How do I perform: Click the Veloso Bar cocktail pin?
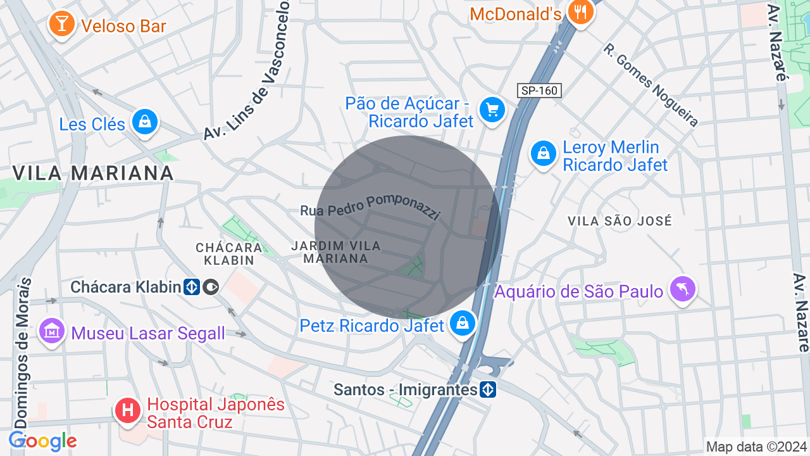click(61, 24)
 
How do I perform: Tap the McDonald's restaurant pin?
click(580, 11)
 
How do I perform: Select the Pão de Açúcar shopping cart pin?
click(492, 110)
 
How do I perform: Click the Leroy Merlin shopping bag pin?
click(543, 153)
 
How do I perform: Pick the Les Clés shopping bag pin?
click(145, 121)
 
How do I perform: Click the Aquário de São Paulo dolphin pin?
click(683, 289)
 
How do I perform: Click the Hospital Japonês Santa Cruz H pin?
click(128, 410)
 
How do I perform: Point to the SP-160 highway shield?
click(539, 91)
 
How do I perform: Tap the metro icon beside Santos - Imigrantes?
click(487, 389)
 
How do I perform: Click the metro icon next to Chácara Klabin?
click(192, 287)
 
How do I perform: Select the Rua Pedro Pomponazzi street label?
click(370, 206)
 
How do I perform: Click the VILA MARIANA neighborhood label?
click(93, 172)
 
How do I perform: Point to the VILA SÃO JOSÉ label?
click(620, 221)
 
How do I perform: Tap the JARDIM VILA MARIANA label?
click(336, 252)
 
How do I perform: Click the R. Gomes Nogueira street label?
click(651, 84)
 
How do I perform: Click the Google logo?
click(42, 441)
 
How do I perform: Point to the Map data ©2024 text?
click(757, 447)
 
